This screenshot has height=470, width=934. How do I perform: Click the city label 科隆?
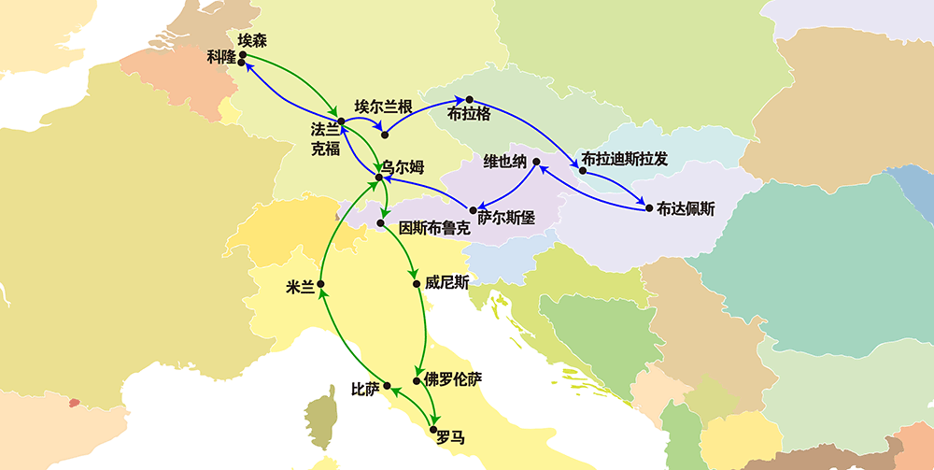pyautogui.click(x=222, y=57)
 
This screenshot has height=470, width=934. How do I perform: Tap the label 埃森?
pyautogui.click(x=252, y=40)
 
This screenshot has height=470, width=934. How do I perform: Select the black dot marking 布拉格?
pyautogui.click(x=470, y=99)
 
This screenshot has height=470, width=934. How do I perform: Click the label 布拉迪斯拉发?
pyautogui.click(x=625, y=158)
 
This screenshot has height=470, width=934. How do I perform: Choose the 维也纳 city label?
pyautogui.click(x=505, y=161)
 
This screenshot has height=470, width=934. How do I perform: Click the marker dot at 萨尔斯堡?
pyautogui.click(x=473, y=210)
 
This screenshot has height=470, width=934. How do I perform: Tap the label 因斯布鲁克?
pyautogui.click(x=433, y=227)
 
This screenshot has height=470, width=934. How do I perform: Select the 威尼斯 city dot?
pyautogui.click(x=417, y=283)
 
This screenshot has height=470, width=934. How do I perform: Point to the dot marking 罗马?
pyautogui.click(x=432, y=430)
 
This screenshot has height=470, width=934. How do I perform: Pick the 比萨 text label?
pyautogui.click(x=365, y=388)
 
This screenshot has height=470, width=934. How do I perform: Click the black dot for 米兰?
pyautogui.click(x=320, y=283)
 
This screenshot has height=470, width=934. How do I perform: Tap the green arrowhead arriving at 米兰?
pyautogui.click(x=324, y=292)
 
